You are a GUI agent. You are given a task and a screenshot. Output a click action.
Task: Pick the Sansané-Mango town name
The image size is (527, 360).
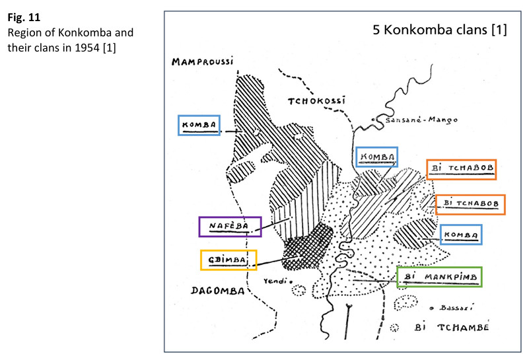pos(417,120)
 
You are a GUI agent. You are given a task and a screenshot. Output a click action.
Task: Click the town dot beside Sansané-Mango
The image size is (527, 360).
pos(374,120)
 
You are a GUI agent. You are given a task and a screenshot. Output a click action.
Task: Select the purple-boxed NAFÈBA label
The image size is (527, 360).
pos(229,227)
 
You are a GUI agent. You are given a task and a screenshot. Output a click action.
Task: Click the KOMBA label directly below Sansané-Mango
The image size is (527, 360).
pos(376,157)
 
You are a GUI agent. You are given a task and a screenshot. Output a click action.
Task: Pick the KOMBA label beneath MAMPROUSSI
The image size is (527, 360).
pos(200,126)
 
